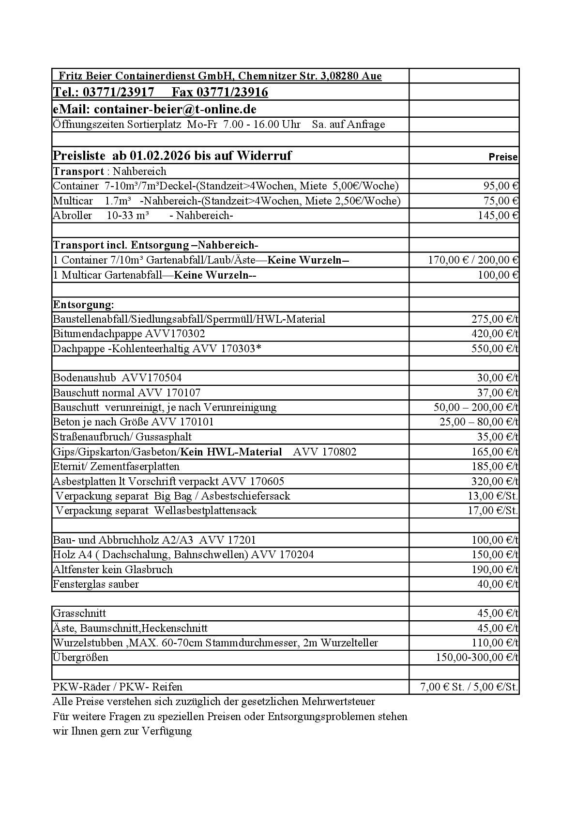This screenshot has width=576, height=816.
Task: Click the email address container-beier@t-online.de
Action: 175,109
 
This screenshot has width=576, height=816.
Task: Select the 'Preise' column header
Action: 503,157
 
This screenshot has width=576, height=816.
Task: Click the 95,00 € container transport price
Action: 501,186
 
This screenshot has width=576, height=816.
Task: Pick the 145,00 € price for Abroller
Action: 498,216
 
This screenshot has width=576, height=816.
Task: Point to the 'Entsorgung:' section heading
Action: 83,305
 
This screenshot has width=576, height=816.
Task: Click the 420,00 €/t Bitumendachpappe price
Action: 495,334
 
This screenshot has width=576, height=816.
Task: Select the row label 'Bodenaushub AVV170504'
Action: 117,378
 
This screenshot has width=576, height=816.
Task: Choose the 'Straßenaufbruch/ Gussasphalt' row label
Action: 122,437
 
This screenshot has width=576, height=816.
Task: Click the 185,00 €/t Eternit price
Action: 495,467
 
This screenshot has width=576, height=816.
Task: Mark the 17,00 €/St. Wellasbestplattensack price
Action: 493,511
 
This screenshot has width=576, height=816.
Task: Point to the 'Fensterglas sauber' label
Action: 96,584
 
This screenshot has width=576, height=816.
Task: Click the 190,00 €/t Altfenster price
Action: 495,569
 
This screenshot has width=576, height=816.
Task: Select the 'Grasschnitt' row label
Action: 79,613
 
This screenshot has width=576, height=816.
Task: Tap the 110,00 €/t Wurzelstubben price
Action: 495,643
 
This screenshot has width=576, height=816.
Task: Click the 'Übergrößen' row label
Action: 80,658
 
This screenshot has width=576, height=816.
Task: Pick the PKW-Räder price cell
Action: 469,687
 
